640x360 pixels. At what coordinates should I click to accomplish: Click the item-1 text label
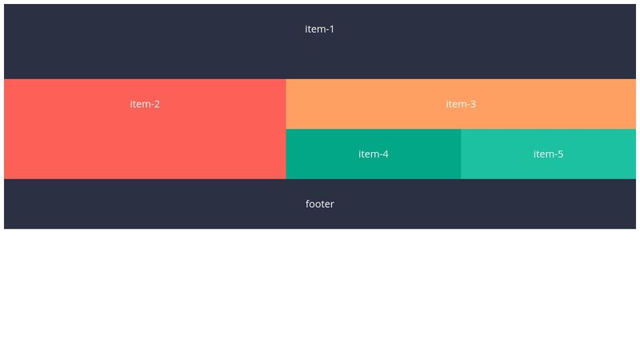pyautogui.click(x=319, y=29)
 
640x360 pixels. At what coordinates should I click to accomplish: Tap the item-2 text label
pyautogui.click(x=145, y=104)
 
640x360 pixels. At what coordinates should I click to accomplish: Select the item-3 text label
pyautogui.click(x=461, y=104)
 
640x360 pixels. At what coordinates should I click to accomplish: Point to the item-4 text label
pyautogui.click(x=373, y=154)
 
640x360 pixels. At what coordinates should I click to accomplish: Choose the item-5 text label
pyautogui.click(x=548, y=154)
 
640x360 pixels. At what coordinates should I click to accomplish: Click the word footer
pyautogui.click(x=319, y=204)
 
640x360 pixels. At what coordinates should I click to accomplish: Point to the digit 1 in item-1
pyautogui.click(x=331, y=29)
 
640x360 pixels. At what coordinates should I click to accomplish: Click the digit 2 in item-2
pyautogui.click(x=157, y=104)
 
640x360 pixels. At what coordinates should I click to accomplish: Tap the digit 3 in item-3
pyautogui.click(x=473, y=104)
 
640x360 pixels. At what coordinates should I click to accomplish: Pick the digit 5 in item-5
pyautogui.click(x=560, y=154)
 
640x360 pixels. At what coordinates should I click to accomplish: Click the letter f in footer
pyautogui.click(x=308, y=204)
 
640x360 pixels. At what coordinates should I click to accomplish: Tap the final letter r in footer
pyautogui.click(x=332, y=205)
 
